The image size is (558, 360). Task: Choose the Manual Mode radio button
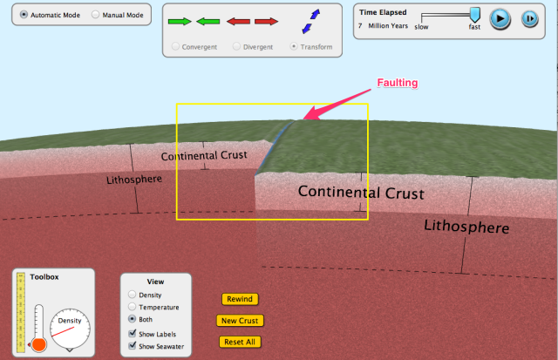(x=95, y=16)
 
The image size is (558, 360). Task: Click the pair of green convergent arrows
(x=194, y=20)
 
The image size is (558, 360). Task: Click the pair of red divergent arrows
(x=253, y=20)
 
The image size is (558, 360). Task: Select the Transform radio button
(x=294, y=46)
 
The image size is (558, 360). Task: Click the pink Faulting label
(x=397, y=83)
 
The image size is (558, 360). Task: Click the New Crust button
(x=240, y=321)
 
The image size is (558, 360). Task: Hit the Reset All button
(x=240, y=342)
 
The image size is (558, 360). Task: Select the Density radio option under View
(x=133, y=295)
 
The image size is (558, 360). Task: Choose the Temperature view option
(x=133, y=307)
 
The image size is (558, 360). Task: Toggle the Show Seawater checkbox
(x=133, y=346)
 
